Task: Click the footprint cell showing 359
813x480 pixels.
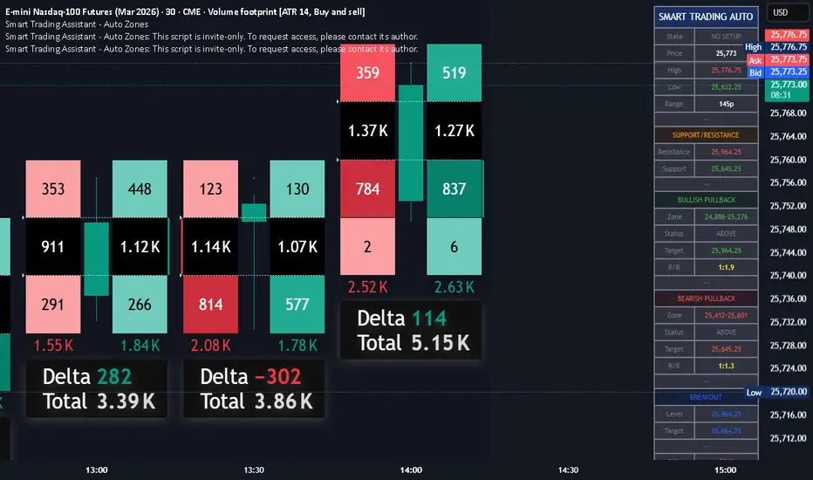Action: pyautogui.click(x=367, y=72)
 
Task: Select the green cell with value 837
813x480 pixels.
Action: pyautogui.click(x=454, y=189)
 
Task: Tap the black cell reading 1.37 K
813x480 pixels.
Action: pyautogui.click(x=367, y=131)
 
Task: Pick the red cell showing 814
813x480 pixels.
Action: pyautogui.click(x=210, y=305)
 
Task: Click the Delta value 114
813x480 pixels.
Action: pyautogui.click(x=428, y=319)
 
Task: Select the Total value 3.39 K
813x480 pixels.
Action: pyautogui.click(x=123, y=401)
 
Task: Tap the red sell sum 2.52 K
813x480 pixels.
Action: pyautogui.click(x=367, y=287)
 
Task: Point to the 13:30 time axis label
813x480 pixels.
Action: pyautogui.click(x=254, y=470)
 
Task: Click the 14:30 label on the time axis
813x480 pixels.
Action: pyautogui.click(x=568, y=470)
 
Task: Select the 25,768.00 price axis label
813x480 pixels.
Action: pyautogui.click(x=788, y=113)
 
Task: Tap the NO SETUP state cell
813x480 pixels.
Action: pyautogui.click(x=727, y=37)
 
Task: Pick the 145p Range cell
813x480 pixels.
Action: pyautogui.click(x=727, y=104)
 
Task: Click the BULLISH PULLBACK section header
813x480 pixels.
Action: pyautogui.click(x=707, y=200)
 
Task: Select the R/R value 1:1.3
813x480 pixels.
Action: pyautogui.click(x=727, y=366)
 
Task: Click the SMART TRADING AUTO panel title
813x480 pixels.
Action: pyautogui.click(x=707, y=16)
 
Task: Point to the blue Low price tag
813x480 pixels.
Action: pyautogui.click(x=754, y=393)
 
